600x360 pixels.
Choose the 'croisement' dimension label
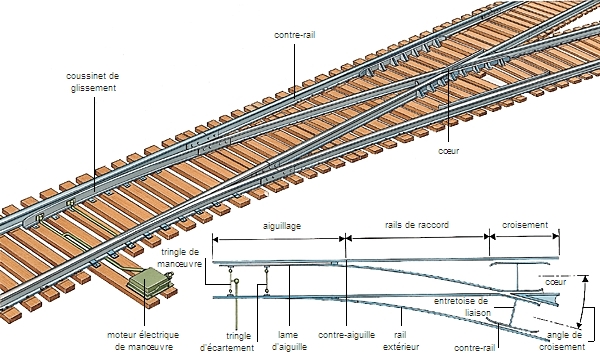coord(525,227)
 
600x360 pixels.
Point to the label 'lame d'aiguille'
coord(287,341)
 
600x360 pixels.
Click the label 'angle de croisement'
coord(560,341)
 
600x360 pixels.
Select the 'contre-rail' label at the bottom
coord(474,347)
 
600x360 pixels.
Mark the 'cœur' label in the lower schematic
coord(556,282)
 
